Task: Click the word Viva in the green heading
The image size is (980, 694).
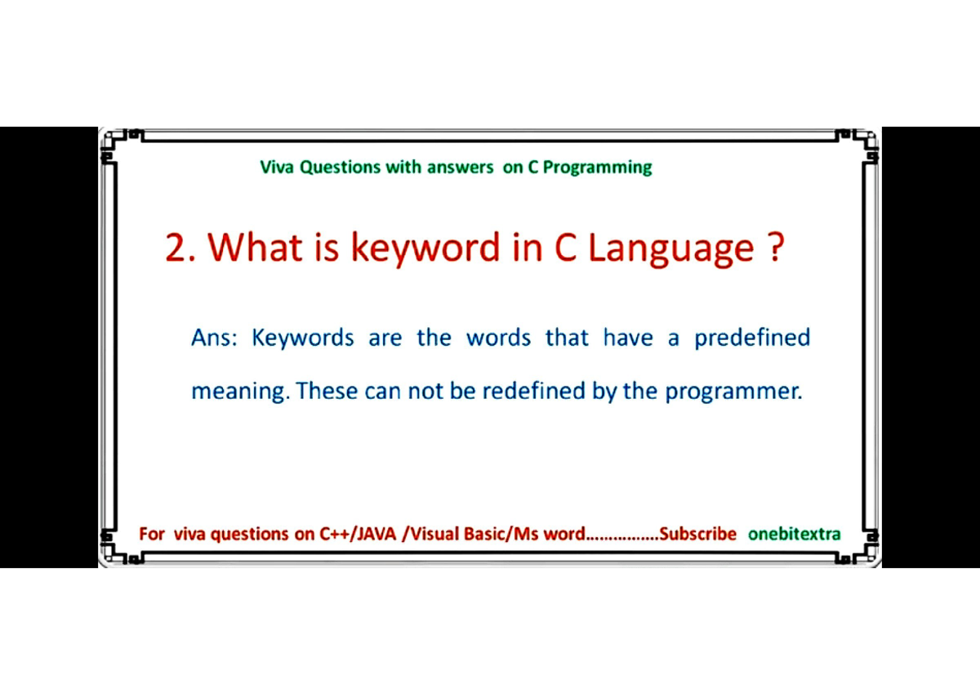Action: click(277, 168)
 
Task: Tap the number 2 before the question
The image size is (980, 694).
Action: click(176, 248)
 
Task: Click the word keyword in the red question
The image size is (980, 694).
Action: click(425, 248)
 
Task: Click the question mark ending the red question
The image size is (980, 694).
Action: click(776, 248)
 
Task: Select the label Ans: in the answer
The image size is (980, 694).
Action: click(214, 338)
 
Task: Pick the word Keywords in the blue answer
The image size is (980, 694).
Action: click(303, 338)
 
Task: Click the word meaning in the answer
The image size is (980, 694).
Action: click(240, 392)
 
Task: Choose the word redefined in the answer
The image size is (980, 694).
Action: click(534, 391)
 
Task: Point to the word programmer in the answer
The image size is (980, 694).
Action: click(733, 392)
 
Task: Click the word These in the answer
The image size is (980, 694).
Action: click(327, 391)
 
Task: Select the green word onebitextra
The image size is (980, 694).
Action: click(794, 534)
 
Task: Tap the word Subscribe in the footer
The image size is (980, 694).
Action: click(697, 534)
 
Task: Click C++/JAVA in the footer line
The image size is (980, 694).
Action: click(358, 534)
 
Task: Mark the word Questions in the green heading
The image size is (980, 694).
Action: click(340, 168)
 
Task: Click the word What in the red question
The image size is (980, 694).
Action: click(255, 248)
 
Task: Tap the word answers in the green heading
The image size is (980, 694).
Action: click(460, 168)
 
